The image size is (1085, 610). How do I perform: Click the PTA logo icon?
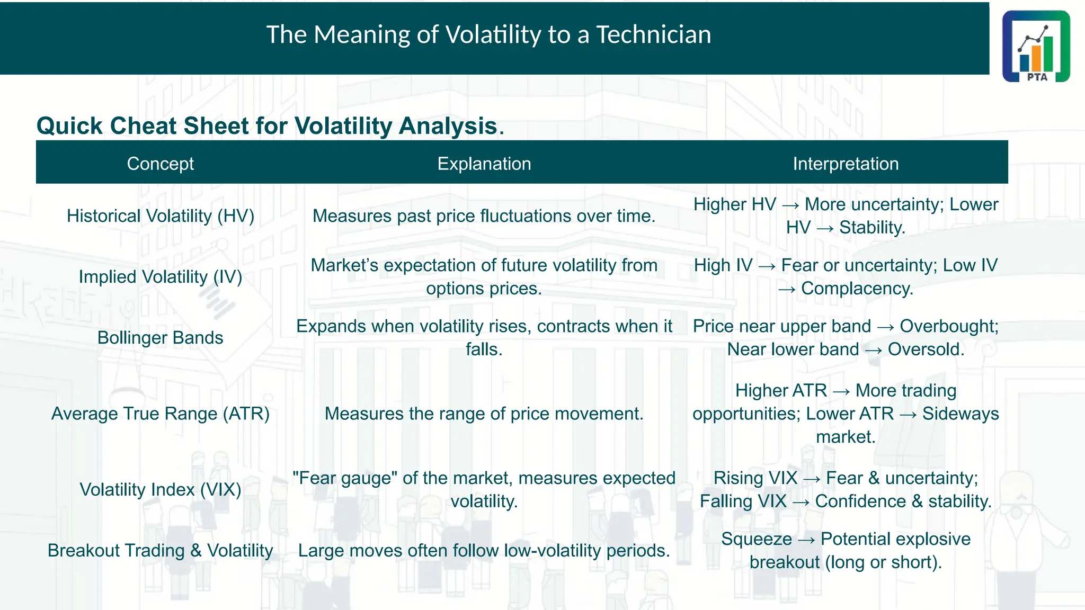coord(1036,46)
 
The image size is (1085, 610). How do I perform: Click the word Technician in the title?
coord(653,35)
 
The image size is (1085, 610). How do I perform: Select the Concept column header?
coord(160,164)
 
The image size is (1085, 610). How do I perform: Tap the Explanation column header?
coord(484,164)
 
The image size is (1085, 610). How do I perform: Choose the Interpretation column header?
coord(846,164)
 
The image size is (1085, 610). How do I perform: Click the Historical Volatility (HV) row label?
coord(160,216)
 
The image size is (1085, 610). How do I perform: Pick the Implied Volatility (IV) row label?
coord(160,277)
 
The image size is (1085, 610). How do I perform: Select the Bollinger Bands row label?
coord(160,338)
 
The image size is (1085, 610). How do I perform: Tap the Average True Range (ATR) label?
coord(160,414)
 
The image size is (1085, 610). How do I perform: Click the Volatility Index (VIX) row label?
coord(160,490)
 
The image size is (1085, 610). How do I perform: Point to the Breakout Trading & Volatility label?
coord(160,551)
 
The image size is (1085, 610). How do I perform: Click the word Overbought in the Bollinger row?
coord(948,326)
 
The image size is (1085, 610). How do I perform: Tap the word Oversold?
coord(926,349)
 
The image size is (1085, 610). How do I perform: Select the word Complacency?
coord(857,289)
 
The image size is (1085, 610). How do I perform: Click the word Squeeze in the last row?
coord(756,539)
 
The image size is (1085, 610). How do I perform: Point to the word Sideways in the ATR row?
coord(960,414)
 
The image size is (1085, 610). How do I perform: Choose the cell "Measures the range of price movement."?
coord(484,414)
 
